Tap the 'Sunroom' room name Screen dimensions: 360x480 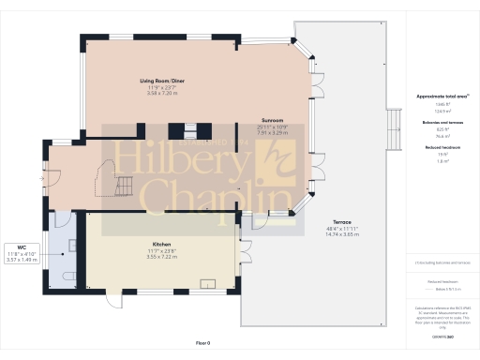[x=273, y=120]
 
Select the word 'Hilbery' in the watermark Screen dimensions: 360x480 [x=178, y=161]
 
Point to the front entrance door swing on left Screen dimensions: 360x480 [x=52, y=175]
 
